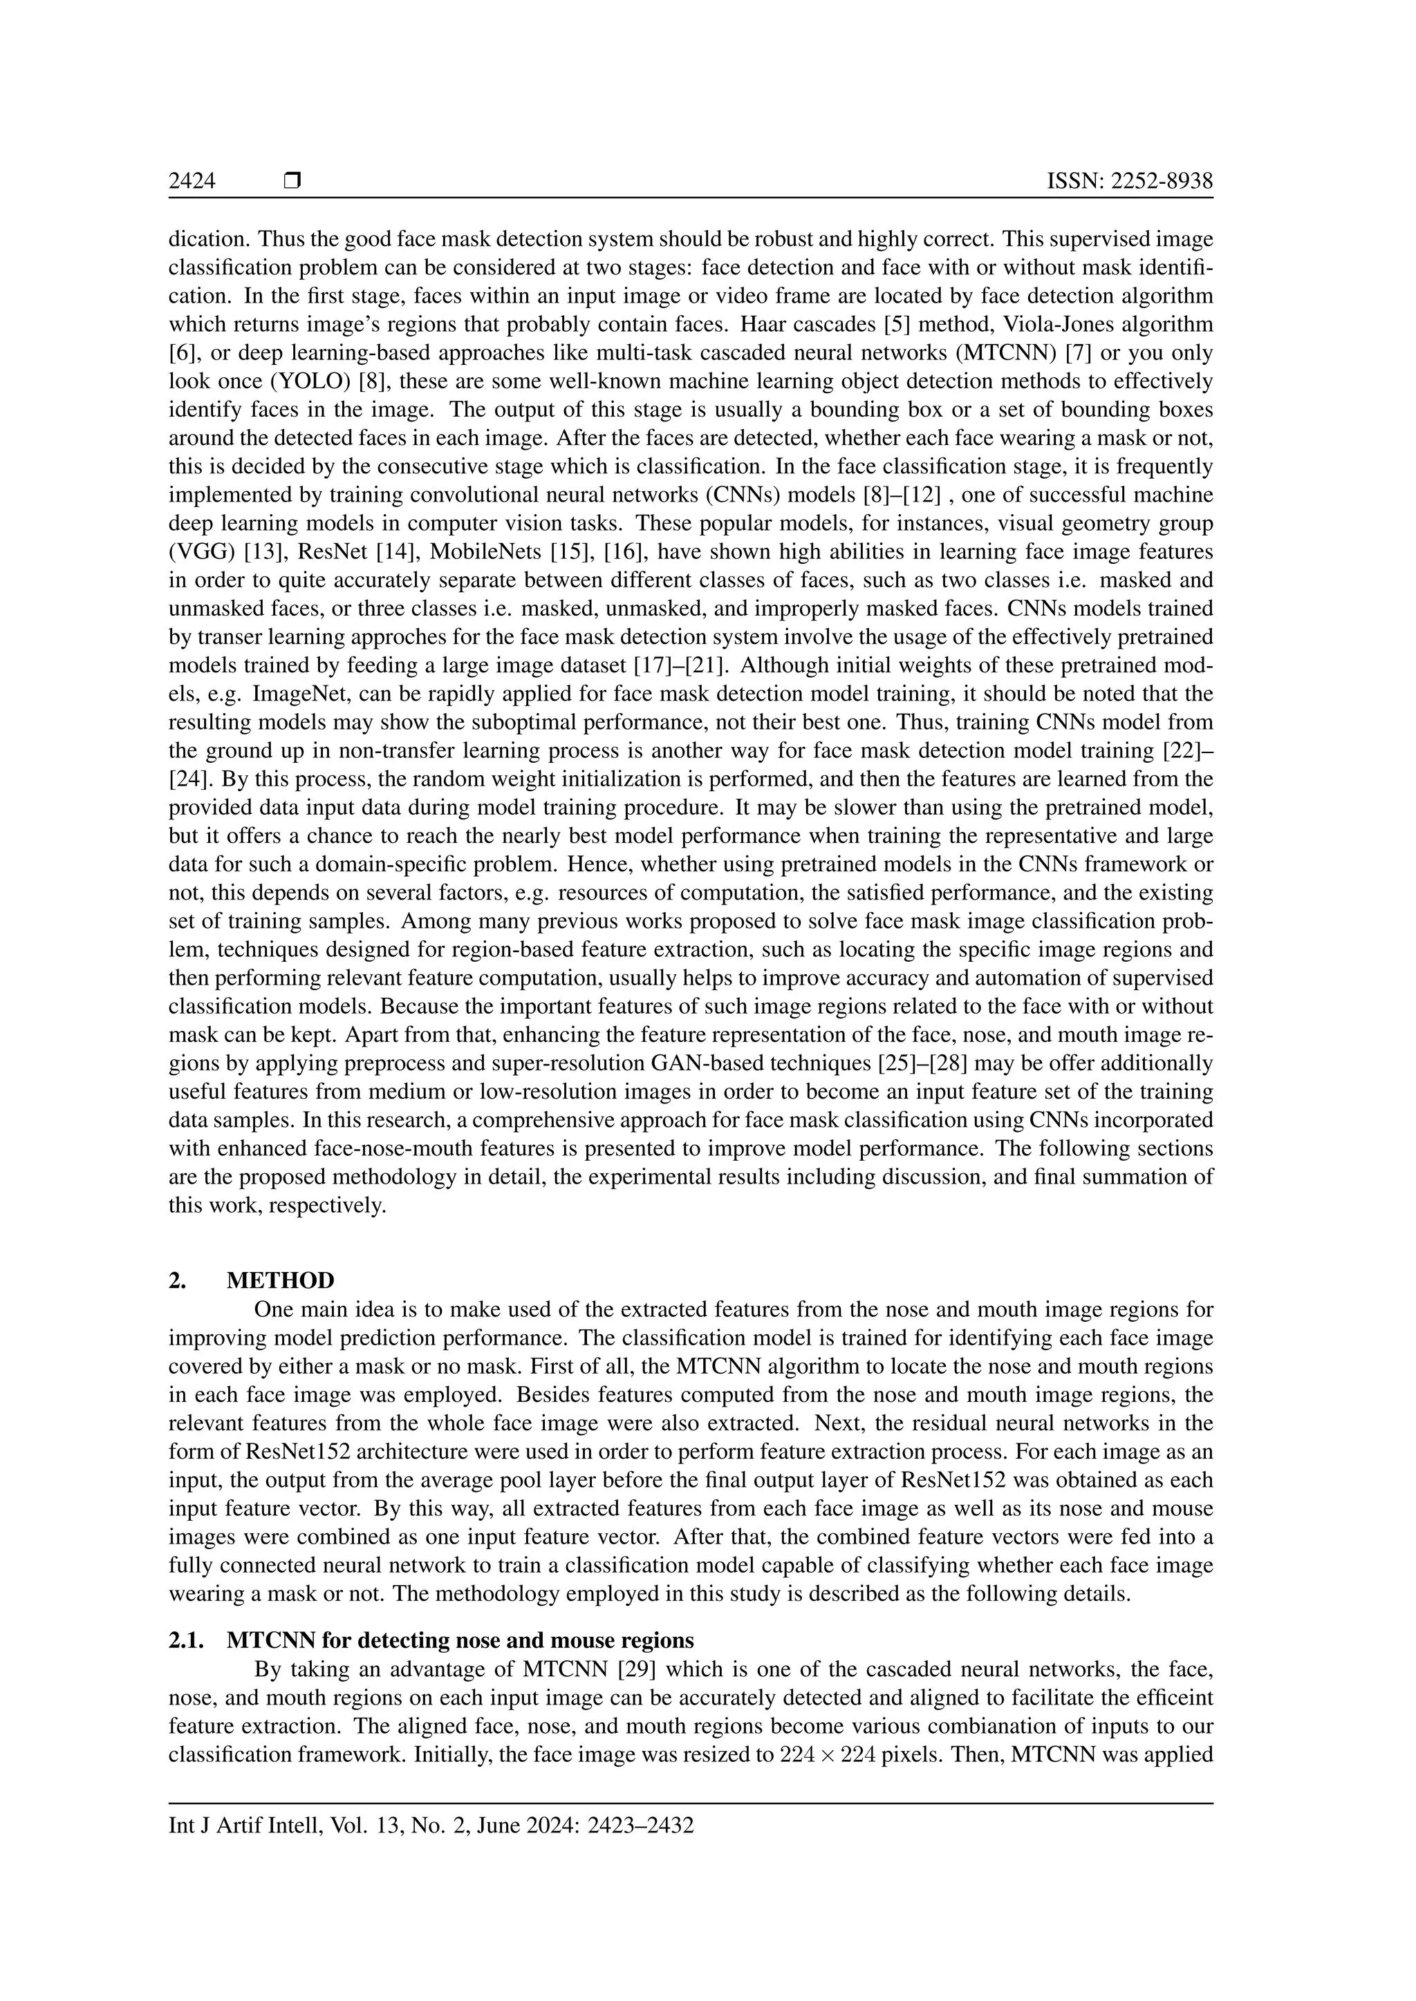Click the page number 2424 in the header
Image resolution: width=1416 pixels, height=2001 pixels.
coord(192,181)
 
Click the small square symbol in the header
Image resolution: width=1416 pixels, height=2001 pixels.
coord(292,181)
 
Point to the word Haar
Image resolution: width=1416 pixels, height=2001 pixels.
coord(764,325)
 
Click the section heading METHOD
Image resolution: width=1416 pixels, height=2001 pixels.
coord(281,1280)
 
